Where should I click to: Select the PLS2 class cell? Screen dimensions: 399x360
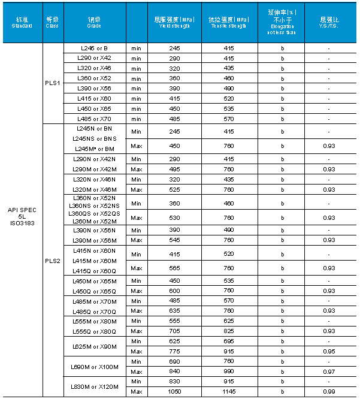pyautogui.click(x=53, y=260)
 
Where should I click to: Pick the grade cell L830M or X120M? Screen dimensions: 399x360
pyautogui.click(x=95, y=386)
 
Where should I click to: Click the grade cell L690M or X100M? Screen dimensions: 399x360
pyautogui.click(x=95, y=366)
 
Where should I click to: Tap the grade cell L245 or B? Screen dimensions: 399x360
pyautogui.click(x=95, y=48)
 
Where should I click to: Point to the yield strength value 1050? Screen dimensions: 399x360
pyautogui.click(x=174, y=392)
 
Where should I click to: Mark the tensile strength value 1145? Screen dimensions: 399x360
pyautogui.click(x=229, y=392)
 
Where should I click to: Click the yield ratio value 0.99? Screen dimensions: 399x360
pyautogui.click(x=329, y=392)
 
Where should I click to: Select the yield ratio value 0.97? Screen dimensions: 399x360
pyautogui.click(x=329, y=371)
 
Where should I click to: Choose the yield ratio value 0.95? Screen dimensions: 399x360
pyautogui.click(x=329, y=351)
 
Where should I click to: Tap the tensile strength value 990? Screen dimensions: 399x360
pyautogui.click(x=229, y=371)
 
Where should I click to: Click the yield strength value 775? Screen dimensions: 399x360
pyautogui.click(x=174, y=351)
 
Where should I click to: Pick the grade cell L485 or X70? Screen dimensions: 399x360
pyautogui.click(x=95, y=119)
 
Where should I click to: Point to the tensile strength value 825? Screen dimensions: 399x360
pyautogui.click(x=229, y=331)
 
